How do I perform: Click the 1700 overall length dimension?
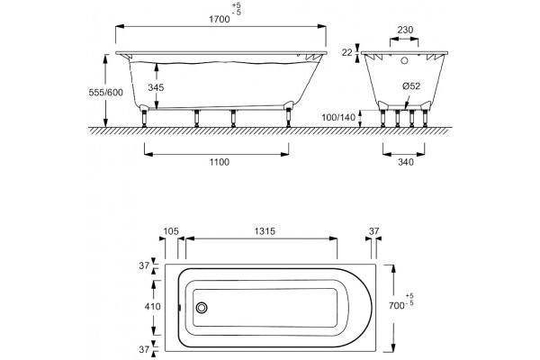(220, 19)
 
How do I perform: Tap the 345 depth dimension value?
(156, 87)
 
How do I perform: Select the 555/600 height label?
(105, 93)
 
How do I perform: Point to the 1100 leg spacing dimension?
(220, 162)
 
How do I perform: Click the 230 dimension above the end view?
(405, 30)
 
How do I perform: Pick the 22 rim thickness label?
(347, 52)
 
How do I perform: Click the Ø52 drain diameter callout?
(411, 85)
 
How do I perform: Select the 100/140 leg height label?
(338, 118)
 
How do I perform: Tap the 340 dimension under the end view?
(405, 162)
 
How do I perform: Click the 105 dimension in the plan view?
(171, 231)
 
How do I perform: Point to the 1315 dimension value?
(265, 231)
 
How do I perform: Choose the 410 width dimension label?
(153, 306)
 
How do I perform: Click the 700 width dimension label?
(396, 306)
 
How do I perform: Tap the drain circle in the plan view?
(202, 308)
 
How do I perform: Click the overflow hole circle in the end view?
(404, 61)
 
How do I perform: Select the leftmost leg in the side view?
(144, 118)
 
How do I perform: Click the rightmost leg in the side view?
(288, 118)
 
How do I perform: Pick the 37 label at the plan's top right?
(373, 231)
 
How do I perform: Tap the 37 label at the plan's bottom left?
(144, 349)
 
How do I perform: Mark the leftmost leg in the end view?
(383, 119)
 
